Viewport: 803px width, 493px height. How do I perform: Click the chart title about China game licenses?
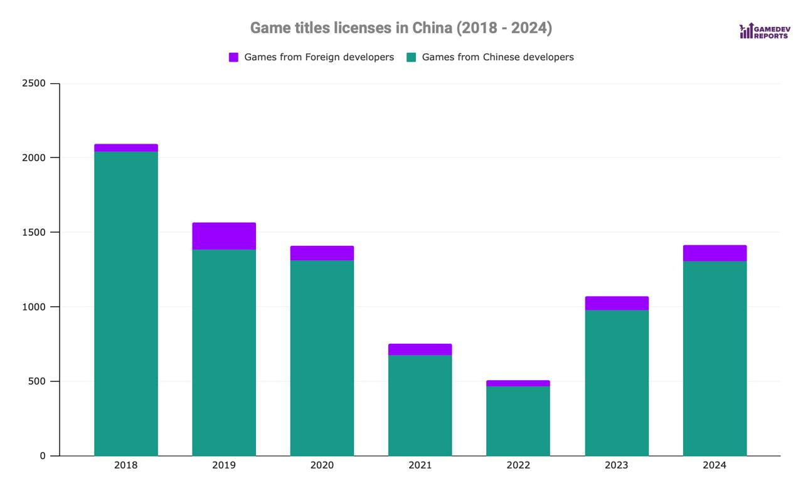[401, 28]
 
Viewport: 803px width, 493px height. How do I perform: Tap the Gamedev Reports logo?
[764, 31]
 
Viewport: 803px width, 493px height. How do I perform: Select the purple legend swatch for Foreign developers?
[233, 57]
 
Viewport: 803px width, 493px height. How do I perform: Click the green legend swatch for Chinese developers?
[412, 57]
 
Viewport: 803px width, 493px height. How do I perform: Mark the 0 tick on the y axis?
[43, 456]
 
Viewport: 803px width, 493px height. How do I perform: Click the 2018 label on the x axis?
[126, 465]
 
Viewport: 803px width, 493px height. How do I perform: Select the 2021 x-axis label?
[420, 465]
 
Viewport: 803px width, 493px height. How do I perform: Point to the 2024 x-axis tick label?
[715, 465]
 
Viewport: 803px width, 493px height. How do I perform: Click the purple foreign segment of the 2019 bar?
[224, 236]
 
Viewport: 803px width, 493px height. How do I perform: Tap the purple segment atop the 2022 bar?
[518, 383]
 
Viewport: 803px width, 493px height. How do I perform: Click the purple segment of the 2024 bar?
[715, 253]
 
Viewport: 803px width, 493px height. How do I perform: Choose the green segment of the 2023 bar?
[617, 383]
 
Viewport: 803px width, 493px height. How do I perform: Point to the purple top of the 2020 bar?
[322, 253]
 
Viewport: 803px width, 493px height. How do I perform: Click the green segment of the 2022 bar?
[518, 421]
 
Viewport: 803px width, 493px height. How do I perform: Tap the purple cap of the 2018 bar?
[126, 148]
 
